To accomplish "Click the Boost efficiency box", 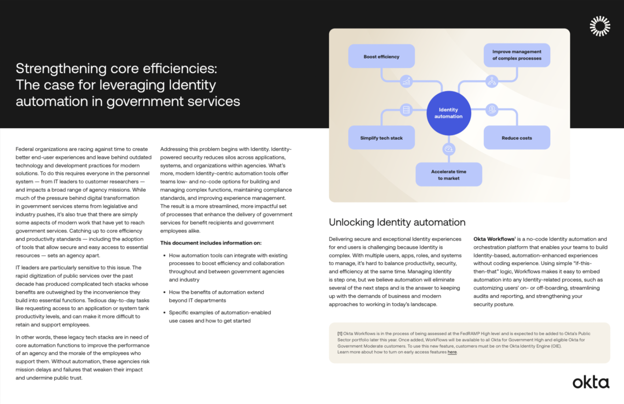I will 381,56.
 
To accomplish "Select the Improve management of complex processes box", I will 517,55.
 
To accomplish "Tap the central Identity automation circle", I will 448,113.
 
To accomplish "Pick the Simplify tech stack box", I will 381,138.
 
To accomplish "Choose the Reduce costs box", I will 517,138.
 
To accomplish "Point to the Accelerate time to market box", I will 448,174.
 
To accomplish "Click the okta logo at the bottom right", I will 591,382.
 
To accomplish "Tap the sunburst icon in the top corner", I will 600,26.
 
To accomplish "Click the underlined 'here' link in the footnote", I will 452,352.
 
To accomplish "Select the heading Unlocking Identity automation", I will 397,222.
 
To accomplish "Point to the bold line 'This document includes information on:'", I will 211,243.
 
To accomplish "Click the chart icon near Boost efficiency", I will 406,82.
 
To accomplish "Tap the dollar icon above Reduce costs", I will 492,109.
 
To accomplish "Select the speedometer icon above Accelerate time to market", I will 449,149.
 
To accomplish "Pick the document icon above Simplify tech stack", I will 406,110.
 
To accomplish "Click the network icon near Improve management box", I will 492,81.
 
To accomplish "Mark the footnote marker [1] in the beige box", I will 340,334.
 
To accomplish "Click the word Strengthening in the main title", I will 61,69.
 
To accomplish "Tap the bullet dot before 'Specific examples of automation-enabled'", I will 164,313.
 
